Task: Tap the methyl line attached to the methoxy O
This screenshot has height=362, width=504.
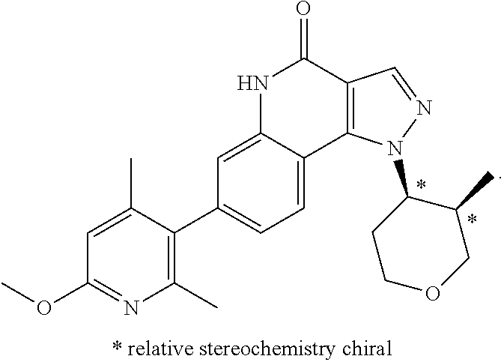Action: pyautogui.click(x=19, y=292)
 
